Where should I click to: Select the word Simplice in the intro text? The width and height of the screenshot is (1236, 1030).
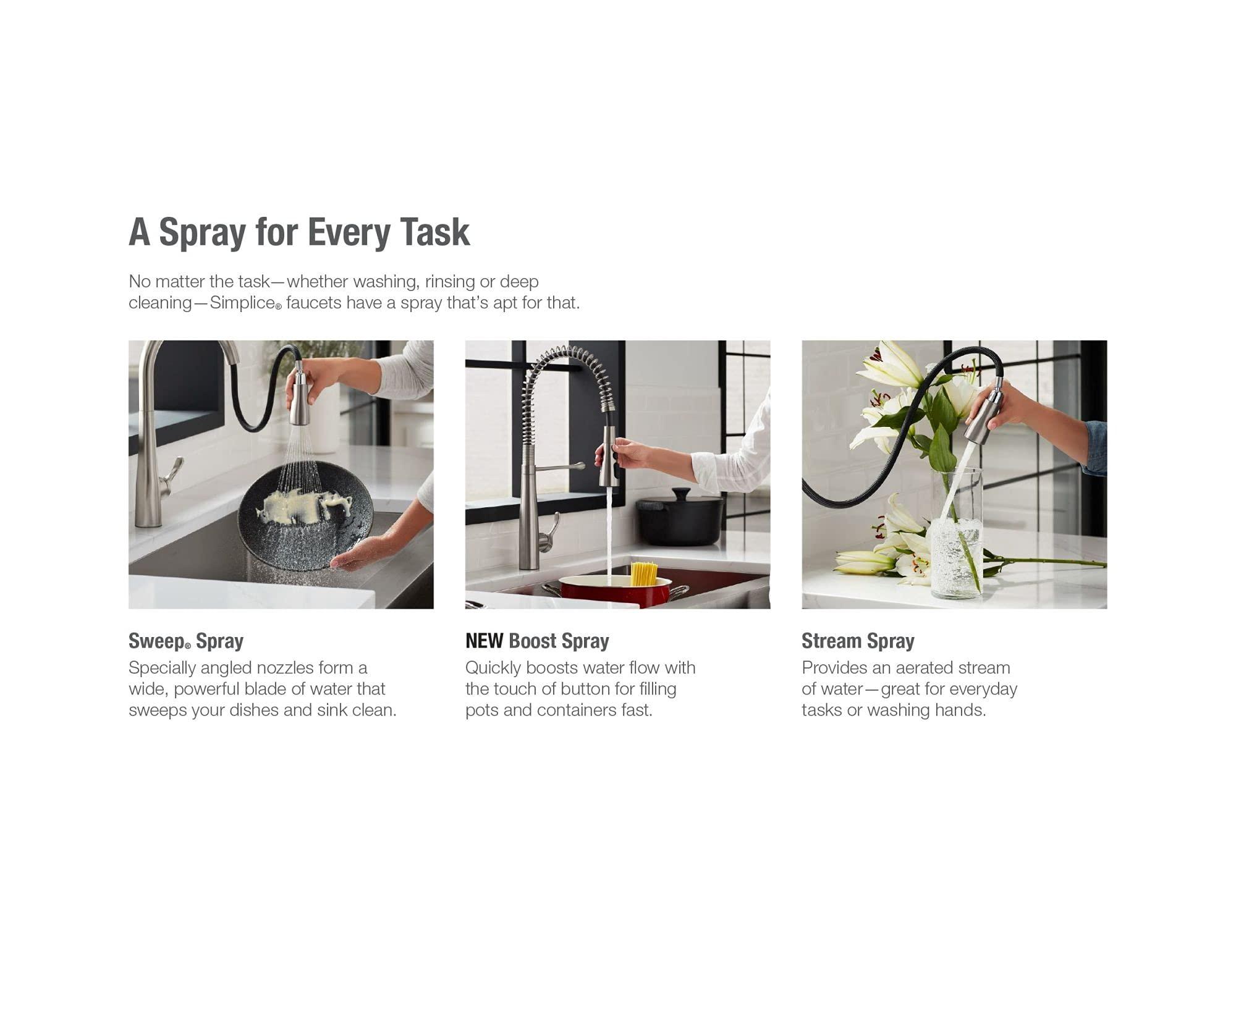[242, 303]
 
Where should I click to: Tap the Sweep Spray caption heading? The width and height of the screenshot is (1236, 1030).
[185, 641]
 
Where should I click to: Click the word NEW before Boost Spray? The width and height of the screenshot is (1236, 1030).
[484, 641]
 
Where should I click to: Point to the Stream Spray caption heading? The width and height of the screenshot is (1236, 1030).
[857, 641]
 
